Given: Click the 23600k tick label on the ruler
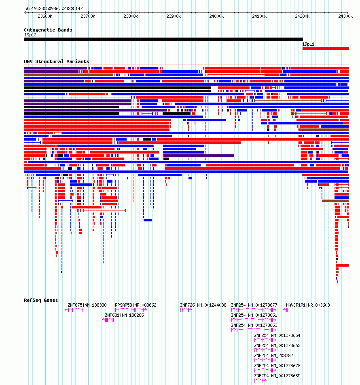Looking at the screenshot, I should (x=44, y=16).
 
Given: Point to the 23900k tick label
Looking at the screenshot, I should (x=174, y=16).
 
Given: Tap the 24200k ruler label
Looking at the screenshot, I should (x=302, y=16).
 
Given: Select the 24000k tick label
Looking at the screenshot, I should (x=216, y=16).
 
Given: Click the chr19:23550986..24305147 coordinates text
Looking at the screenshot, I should (x=53, y=8).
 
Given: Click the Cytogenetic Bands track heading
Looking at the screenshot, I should (x=48, y=30).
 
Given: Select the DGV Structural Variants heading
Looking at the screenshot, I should (x=57, y=61).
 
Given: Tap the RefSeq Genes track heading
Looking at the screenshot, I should (x=41, y=300).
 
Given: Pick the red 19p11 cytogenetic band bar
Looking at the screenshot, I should (x=325, y=48).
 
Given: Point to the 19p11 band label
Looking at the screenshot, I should (x=309, y=44).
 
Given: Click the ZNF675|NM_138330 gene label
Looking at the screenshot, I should (x=87, y=305).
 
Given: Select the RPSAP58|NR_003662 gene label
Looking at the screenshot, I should (x=136, y=305).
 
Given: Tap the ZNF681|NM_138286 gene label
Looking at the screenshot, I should (x=124, y=315).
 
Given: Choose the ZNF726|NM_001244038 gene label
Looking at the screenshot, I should (x=203, y=305).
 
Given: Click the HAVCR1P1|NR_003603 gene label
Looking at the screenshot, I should (x=308, y=305).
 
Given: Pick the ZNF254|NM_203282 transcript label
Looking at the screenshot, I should (x=273, y=356).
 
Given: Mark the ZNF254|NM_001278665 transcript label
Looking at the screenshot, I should (x=277, y=376).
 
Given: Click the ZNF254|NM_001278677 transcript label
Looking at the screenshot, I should (x=254, y=305).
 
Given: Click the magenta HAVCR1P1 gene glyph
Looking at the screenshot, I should (x=286, y=310).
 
